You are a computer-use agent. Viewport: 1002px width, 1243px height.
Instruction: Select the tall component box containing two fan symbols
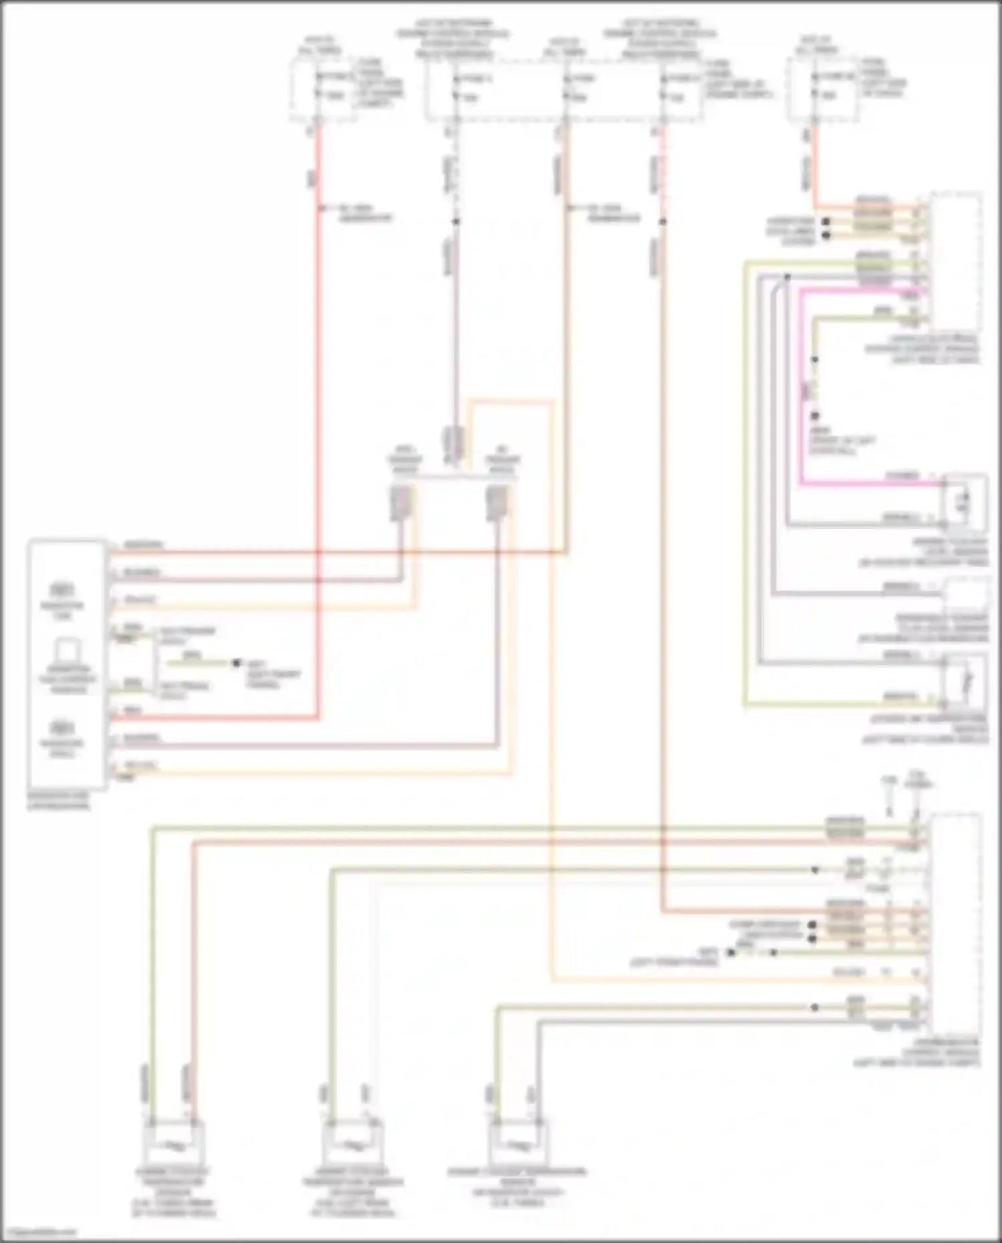coord(67,664)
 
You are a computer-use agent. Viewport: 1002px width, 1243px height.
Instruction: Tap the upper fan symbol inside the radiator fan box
coord(61,590)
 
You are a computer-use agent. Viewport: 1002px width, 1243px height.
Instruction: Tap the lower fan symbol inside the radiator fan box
coord(61,727)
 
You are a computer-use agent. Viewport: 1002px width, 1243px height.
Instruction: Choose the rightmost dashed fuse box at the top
coord(821,90)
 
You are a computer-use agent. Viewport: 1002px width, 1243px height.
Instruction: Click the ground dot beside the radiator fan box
coord(236,663)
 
